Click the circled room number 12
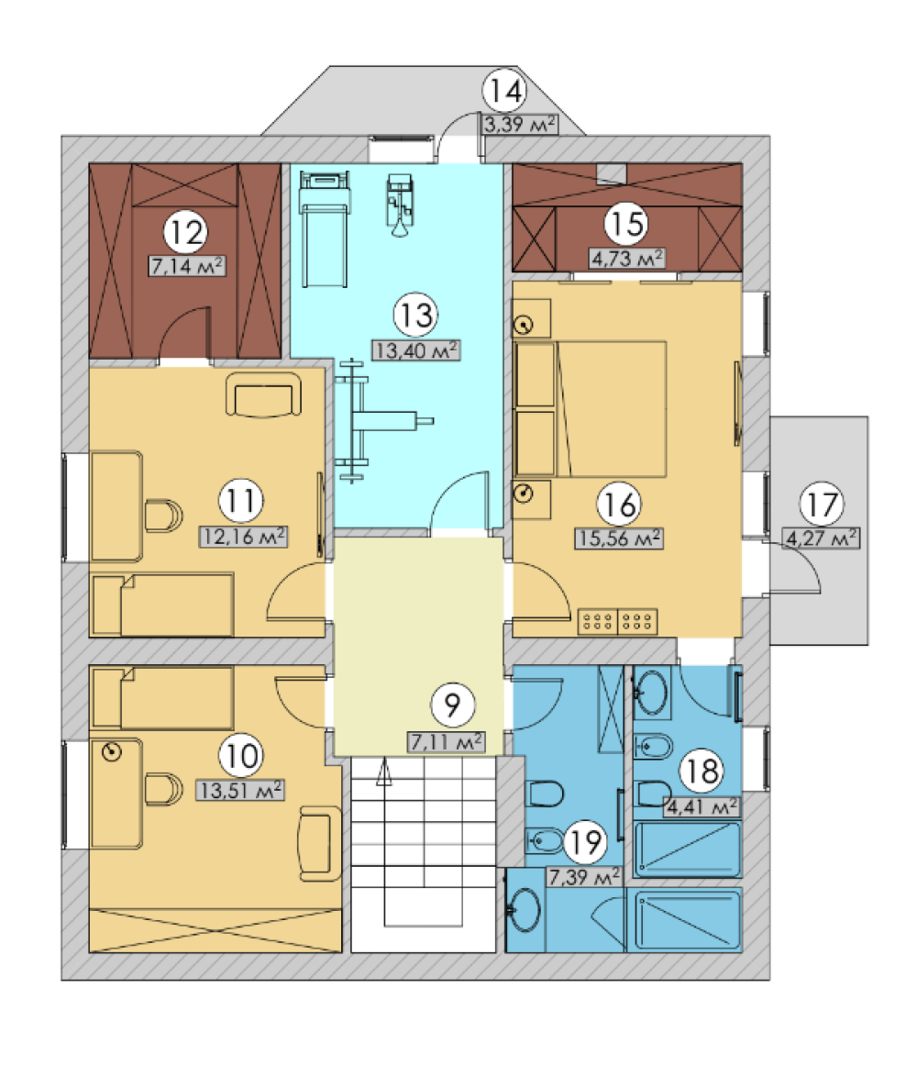click(186, 232)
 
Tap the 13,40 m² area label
click(416, 350)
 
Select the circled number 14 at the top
click(505, 91)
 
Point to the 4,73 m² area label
click(627, 259)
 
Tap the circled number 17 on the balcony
click(822, 505)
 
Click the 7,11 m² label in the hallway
click(447, 742)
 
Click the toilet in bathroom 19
click(545, 794)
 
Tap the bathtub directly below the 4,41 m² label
click(687, 849)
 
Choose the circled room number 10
click(241, 756)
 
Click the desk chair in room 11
click(163, 516)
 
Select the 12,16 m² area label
click(243, 537)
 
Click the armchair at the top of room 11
click(263, 394)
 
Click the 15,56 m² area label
click(619, 538)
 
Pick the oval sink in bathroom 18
click(651, 693)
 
